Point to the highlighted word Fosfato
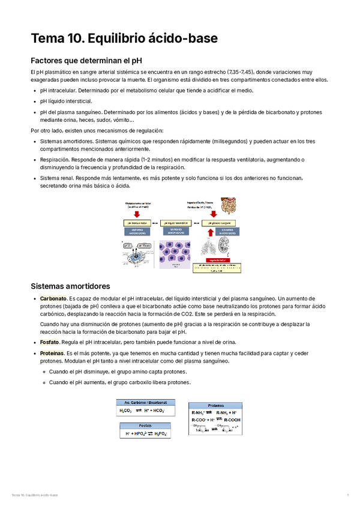pos(50,342)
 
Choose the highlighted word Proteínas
pos(52,354)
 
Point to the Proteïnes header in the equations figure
pos(216,405)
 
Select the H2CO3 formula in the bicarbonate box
pos(126,411)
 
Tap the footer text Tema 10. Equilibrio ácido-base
pos(35,495)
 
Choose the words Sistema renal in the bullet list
pos(56,178)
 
